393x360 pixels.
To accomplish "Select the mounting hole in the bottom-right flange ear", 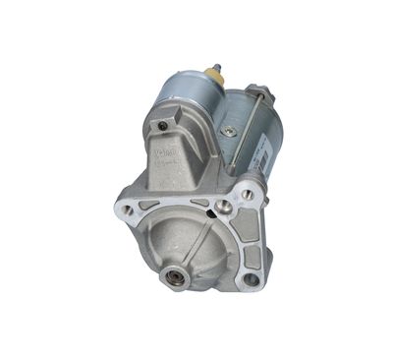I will pos(250,278).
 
